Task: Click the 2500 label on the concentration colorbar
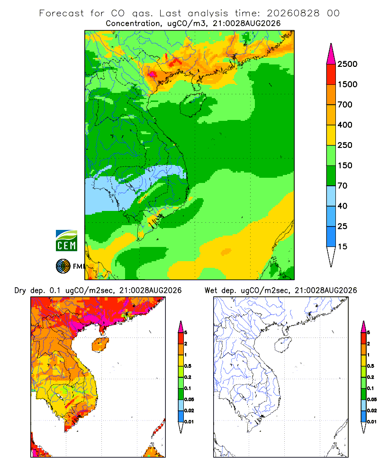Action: [x=347, y=64]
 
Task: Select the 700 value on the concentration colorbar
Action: [x=345, y=105]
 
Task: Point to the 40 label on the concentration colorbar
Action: [x=342, y=206]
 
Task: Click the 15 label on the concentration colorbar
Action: [x=342, y=246]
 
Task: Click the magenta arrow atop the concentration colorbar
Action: [x=331, y=54]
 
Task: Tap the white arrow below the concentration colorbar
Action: [x=331, y=256]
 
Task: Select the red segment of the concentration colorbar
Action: [x=331, y=74]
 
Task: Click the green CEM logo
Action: [x=66, y=241]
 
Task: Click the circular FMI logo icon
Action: [x=63, y=266]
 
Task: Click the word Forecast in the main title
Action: [x=62, y=13]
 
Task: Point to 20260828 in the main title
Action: [x=293, y=13]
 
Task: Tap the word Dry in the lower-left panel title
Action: [x=20, y=291]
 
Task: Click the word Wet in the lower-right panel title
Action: [x=211, y=291]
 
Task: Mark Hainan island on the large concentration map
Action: [x=193, y=105]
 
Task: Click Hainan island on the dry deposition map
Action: [x=100, y=345]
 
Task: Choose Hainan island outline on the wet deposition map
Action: [x=283, y=345]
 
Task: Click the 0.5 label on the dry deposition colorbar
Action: [x=188, y=366]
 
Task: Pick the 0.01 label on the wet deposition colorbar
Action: [x=372, y=422]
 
